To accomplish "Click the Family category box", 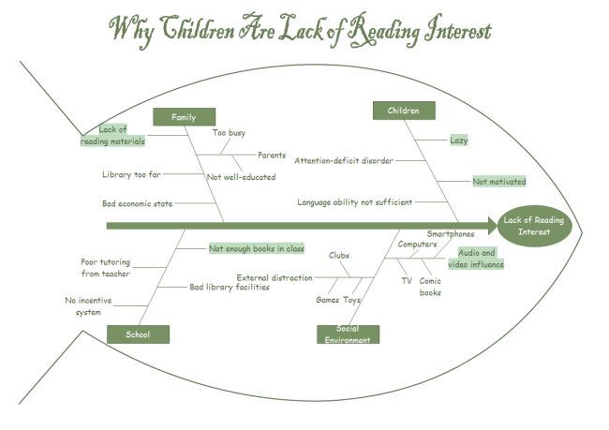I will click(184, 117).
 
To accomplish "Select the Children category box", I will click(404, 111).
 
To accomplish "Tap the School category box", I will click(138, 334).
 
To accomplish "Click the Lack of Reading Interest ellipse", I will click(533, 226).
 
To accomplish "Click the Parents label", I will click(272, 156).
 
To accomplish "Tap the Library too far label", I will click(132, 174).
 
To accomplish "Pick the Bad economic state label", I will click(138, 203).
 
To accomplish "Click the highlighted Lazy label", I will click(458, 141).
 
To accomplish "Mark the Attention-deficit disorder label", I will click(344, 160).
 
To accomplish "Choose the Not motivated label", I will click(498, 182).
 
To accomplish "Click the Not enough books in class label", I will click(257, 248).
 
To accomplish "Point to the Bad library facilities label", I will click(230, 287).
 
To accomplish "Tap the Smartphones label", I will click(451, 233).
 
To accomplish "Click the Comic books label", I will click(430, 287).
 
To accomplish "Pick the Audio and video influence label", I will click(481, 259).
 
